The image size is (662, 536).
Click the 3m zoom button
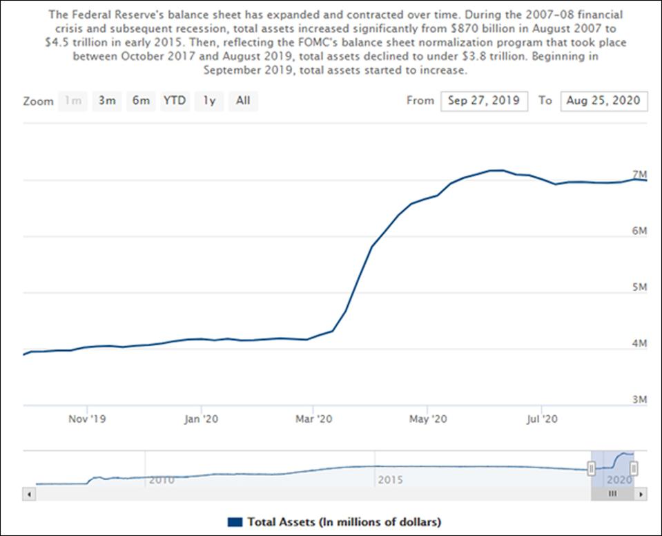click(106, 101)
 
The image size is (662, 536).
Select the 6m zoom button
click(141, 101)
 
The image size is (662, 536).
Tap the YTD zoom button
click(175, 101)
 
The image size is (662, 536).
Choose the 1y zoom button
click(209, 101)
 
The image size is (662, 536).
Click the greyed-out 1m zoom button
click(72, 101)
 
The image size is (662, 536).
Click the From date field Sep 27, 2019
click(485, 101)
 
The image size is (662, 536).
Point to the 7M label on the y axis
click(639, 174)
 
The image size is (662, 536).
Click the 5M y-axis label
click(639, 287)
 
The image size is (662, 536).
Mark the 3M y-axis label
click(639, 399)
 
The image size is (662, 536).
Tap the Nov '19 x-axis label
click(88, 419)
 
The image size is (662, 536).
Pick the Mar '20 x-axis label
click(314, 419)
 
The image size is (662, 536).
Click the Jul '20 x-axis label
click(543, 419)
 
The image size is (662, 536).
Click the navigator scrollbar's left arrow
click(28, 495)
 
